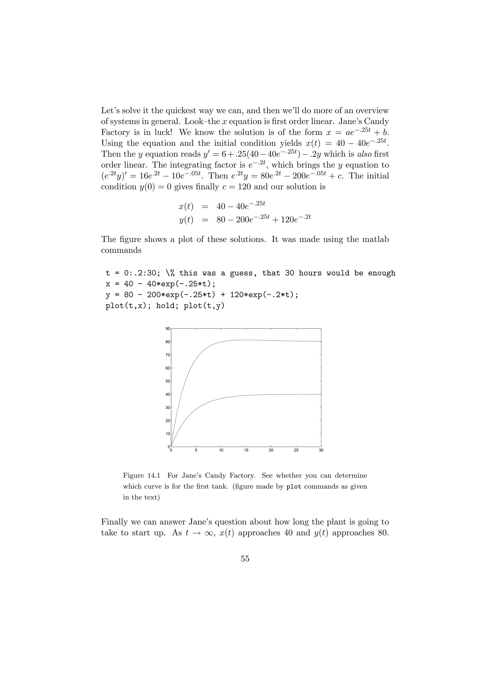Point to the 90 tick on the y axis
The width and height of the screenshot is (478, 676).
click(x=168, y=329)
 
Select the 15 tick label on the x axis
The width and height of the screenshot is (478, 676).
click(x=246, y=450)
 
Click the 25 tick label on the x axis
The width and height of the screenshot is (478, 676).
click(x=296, y=450)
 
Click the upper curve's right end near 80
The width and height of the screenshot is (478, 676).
click(x=320, y=341)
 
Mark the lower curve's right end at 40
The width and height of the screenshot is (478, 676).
click(x=320, y=394)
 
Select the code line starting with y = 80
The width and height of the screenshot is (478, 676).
click(x=202, y=295)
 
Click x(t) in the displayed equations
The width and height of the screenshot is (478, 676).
click(x=186, y=207)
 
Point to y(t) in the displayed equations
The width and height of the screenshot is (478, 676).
click(x=186, y=220)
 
